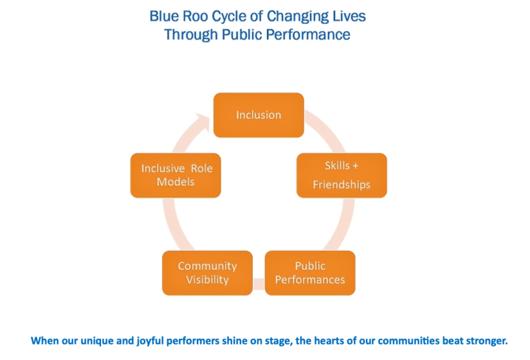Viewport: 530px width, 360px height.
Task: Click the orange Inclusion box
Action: [259, 115]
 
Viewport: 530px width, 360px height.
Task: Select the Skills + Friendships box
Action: [342, 175]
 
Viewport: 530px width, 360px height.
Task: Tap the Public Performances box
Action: [310, 273]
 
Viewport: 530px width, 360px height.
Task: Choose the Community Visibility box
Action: [207, 273]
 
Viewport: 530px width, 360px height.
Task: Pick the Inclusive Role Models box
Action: [176, 175]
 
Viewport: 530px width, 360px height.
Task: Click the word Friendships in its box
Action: [342, 185]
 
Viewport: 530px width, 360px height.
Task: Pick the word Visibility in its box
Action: [207, 280]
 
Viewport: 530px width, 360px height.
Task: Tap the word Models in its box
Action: [176, 182]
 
